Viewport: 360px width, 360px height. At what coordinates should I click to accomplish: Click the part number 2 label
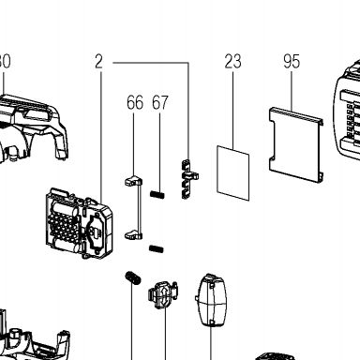tap(98, 62)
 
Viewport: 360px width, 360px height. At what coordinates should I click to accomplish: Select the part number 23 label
tap(232, 62)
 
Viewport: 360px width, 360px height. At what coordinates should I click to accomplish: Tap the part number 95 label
tap(292, 62)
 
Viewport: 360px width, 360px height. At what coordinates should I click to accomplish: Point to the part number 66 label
tap(135, 102)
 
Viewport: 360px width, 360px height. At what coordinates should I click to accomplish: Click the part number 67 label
tap(160, 102)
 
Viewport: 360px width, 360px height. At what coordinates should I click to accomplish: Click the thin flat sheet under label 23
tap(233, 172)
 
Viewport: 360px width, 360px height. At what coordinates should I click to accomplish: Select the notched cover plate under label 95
tap(296, 144)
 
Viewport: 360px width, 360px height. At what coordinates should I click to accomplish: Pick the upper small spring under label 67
tap(157, 195)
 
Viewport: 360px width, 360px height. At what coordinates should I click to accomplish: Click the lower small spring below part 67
tap(156, 249)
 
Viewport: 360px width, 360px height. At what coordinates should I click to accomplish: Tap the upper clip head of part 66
tap(133, 181)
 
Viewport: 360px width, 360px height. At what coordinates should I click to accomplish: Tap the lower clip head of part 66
tap(133, 235)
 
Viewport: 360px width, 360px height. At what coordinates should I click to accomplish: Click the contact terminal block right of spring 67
tap(188, 179)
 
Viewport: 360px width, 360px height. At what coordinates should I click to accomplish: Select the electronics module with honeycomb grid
tap(79, 223)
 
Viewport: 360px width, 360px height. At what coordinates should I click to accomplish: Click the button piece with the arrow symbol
tap(162, 293)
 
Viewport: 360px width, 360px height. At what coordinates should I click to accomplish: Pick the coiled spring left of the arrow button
tap(133, 277)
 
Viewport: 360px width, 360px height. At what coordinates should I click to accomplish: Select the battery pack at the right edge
tap(347, 112)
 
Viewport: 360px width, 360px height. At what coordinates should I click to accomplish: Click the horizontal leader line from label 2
tap(151, 63)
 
